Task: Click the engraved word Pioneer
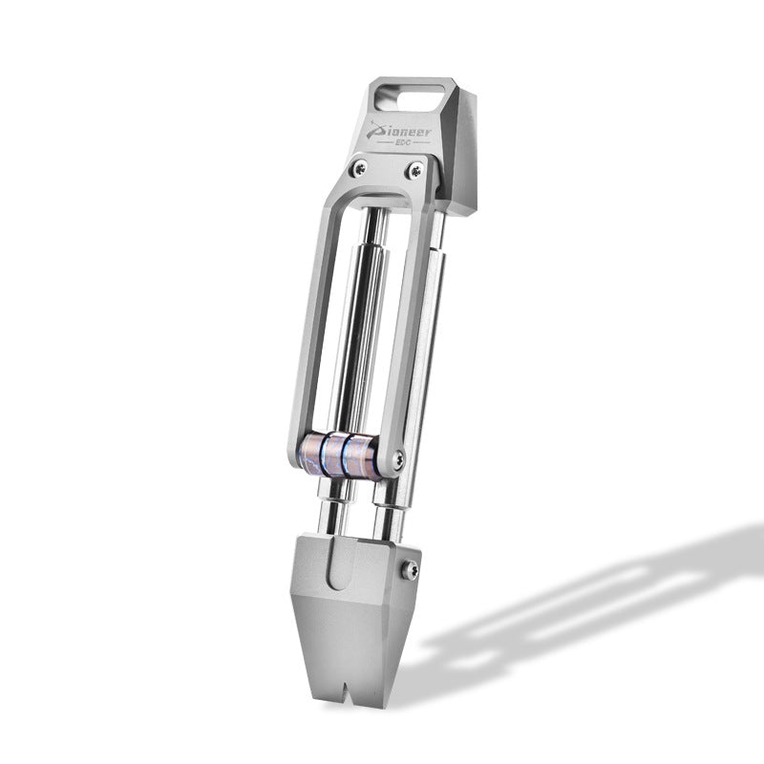pyautogui.click(x=399, y=132)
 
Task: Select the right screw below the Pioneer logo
pyautogui.click(x=415, y=170)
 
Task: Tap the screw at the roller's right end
pyautogui.click(x=398, y=458)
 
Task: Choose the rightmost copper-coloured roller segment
pyautogui.click(x=360, y=457)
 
